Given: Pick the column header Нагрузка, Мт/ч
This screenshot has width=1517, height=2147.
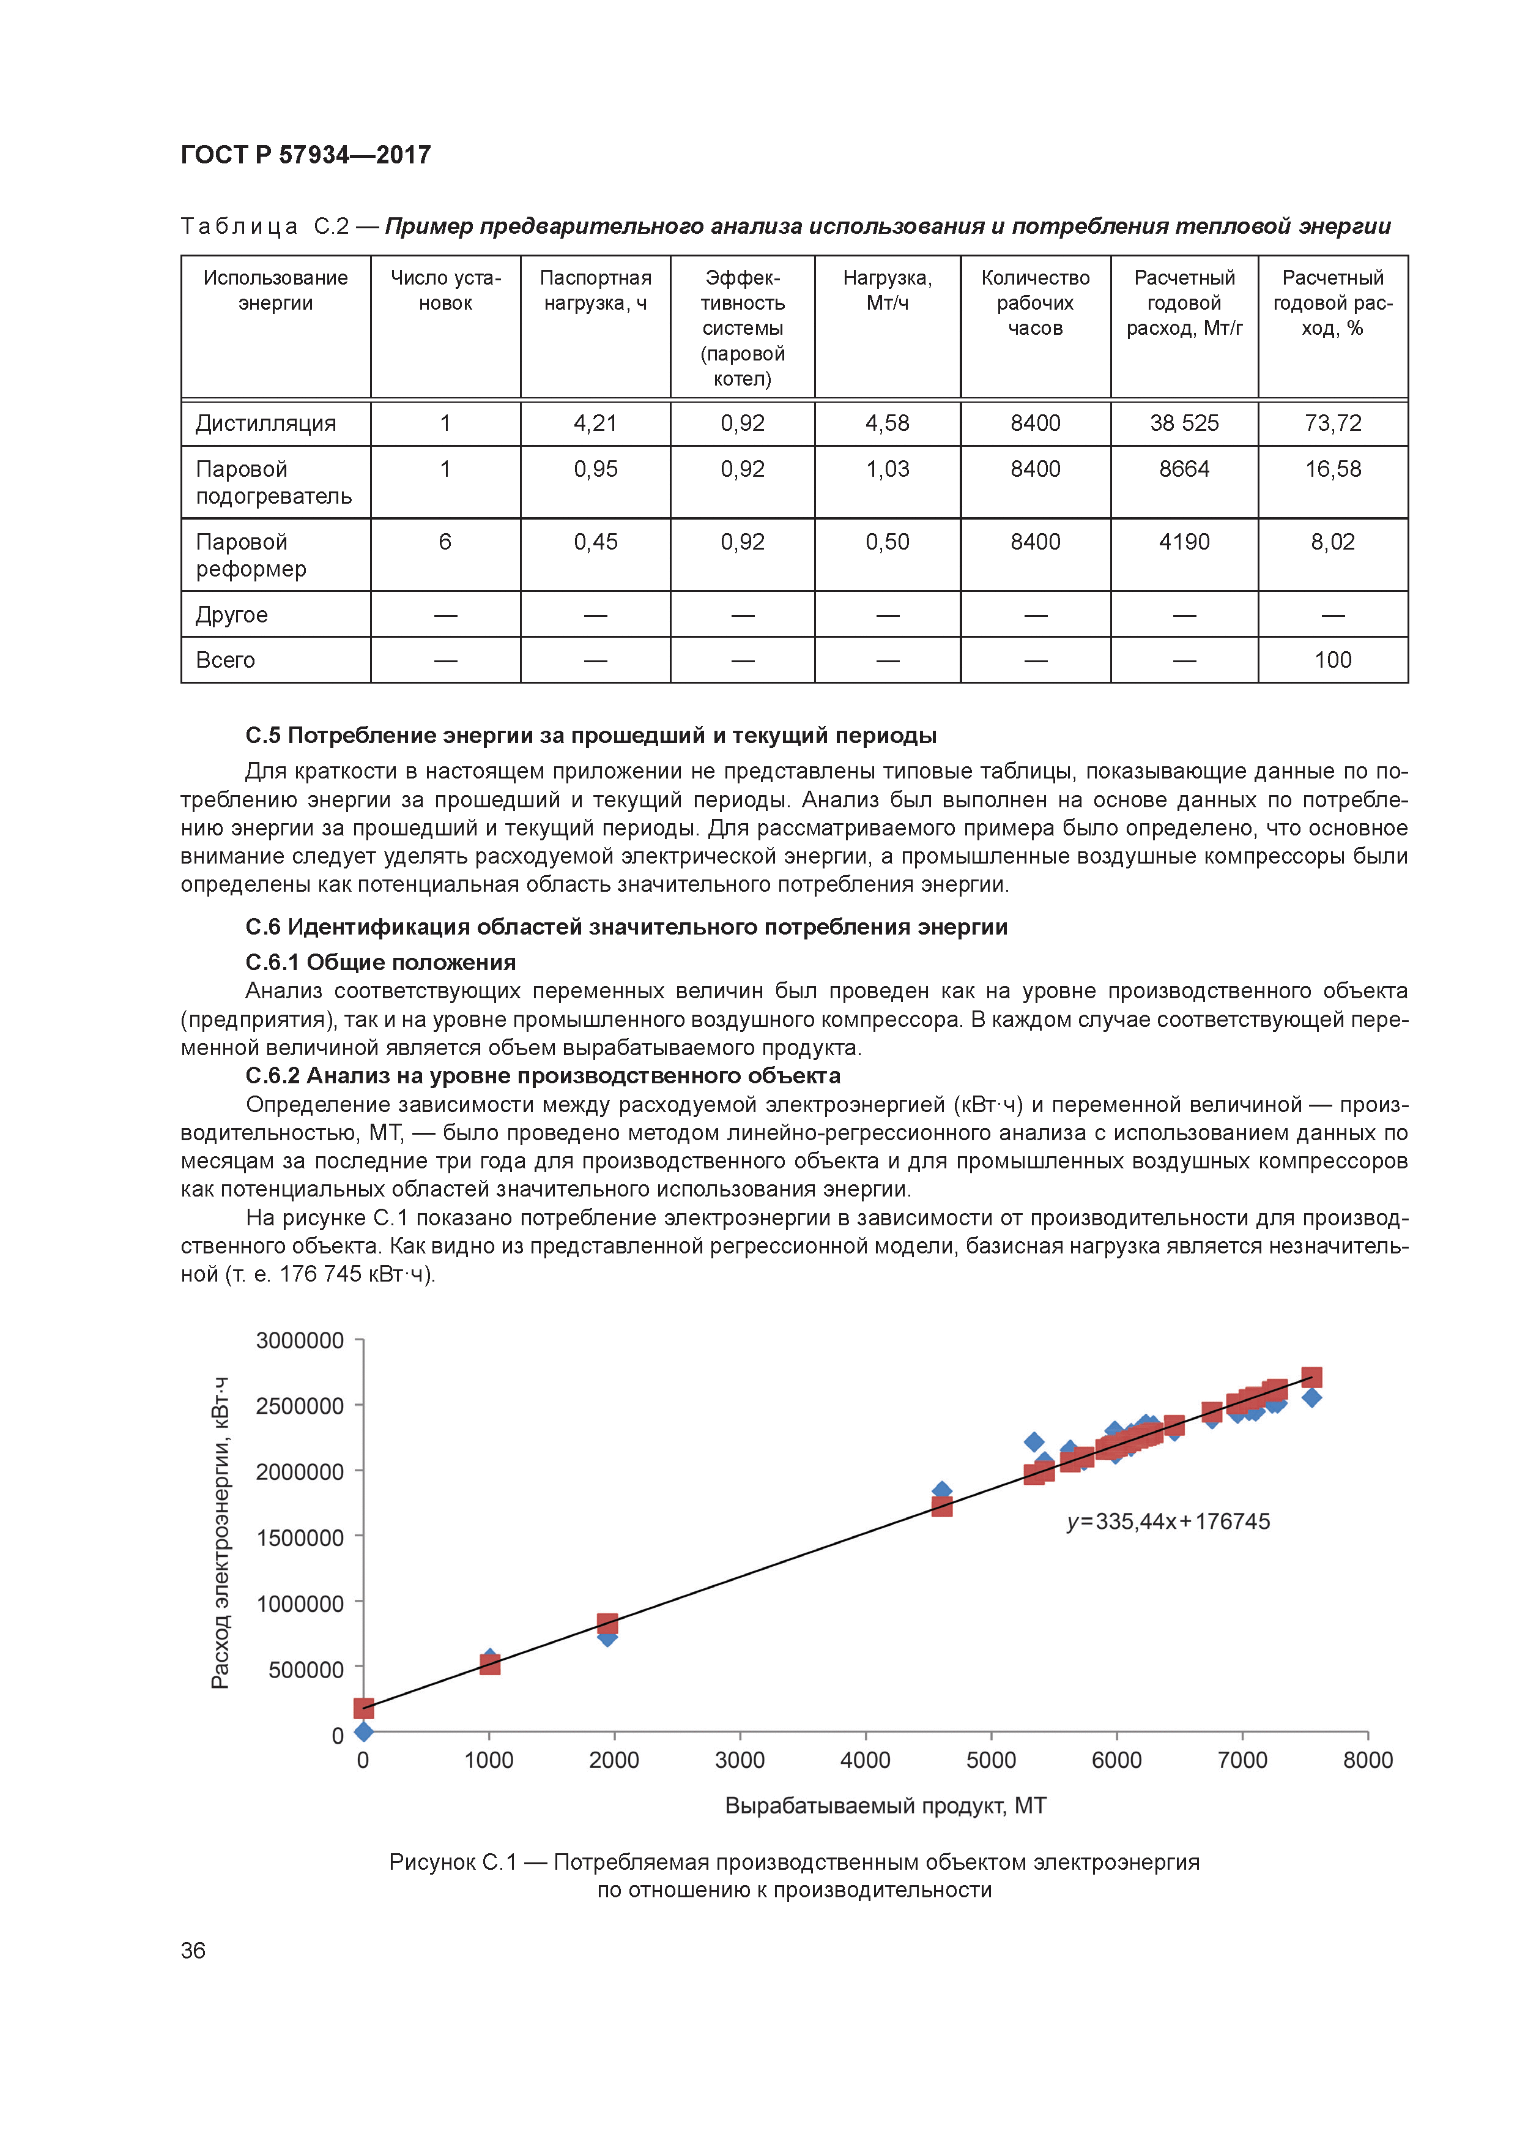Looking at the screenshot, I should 886,290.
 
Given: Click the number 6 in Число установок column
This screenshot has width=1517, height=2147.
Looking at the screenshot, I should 445,542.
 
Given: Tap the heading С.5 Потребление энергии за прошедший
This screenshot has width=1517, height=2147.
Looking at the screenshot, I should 591,735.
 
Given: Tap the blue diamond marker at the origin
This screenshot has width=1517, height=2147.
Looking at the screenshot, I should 363,1732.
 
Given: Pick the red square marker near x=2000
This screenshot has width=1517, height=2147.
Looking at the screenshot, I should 607,1623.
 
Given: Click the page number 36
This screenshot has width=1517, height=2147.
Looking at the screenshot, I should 193,1951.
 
